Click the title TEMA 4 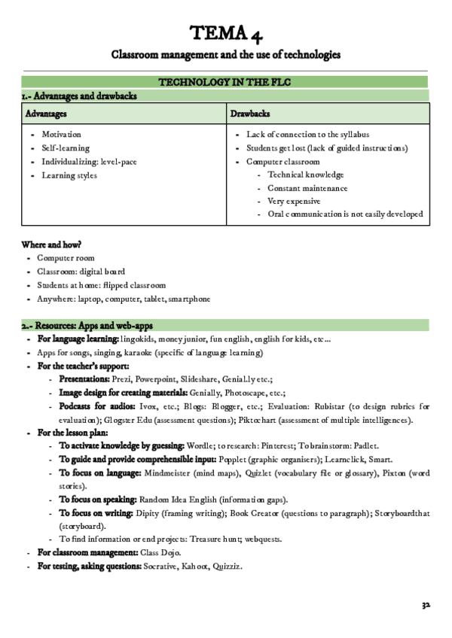pyautogui.click(x=226, y=32)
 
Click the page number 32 pyautogui.click(x=426, y=604)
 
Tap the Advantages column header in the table pyautogui.click(x=47, y=113)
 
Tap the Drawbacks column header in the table pyautogui.click(x=250, y=113)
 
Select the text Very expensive pyautogui.click(x=294, y=201)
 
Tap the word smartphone pyautogui.click(x=189, y=299)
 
